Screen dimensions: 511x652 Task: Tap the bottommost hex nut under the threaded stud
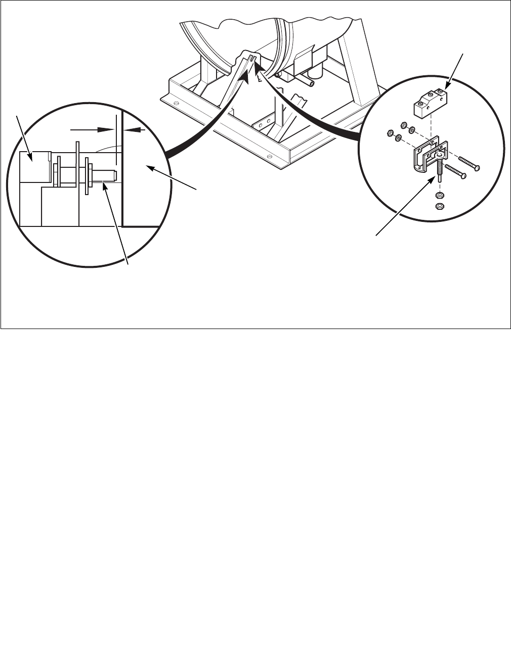[439, 206]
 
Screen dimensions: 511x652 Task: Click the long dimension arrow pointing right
[94, 129]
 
